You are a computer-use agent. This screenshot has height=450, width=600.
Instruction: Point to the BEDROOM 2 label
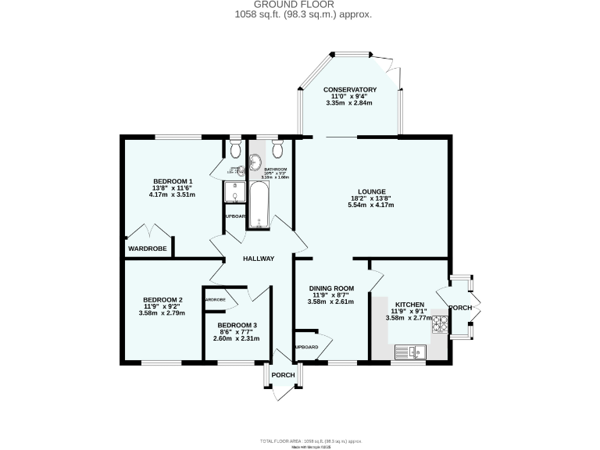point(162,299)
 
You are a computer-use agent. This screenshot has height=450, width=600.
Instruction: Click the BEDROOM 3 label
point(237,325)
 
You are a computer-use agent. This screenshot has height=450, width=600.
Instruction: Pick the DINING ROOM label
point(330,287)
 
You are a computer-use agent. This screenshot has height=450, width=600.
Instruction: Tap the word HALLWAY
point(259,259)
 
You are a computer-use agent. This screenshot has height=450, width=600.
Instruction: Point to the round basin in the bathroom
point(255,163)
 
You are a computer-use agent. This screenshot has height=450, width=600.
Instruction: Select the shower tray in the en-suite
point(234,192)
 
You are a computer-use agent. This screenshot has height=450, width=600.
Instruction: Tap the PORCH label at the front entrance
point(283,376)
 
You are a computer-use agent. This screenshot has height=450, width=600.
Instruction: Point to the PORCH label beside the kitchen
point(461,308)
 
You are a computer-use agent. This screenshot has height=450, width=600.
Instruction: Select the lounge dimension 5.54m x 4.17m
point(370,205)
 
